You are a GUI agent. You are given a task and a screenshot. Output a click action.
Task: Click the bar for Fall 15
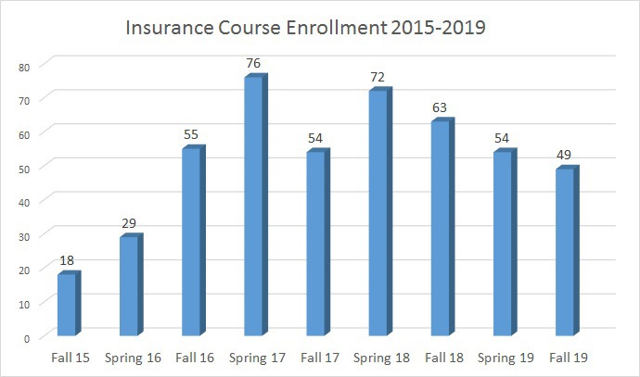tap(66, 305)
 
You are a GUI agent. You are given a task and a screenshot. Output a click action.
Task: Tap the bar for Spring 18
tap(378, 213)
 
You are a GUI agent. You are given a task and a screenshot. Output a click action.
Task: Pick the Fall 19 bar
tap(566, 252)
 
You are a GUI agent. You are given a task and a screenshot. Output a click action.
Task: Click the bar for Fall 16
tap(191, 242)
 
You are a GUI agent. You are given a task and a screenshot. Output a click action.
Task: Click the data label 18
tap(67, 261)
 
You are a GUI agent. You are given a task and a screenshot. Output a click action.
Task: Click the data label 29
tap(129, 224)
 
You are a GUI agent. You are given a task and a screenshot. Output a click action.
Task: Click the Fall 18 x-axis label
tap(442, 358)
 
